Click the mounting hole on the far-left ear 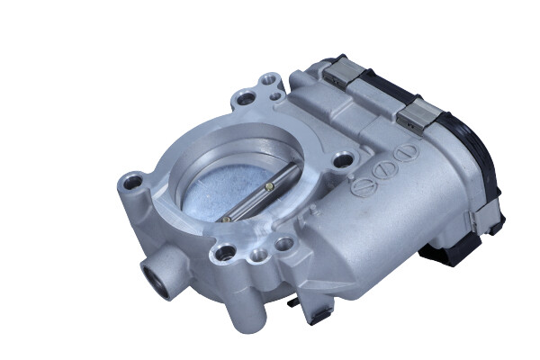[x=134, y=184]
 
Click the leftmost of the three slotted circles [x=365, y=187]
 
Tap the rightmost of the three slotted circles [x=407, y=150]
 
